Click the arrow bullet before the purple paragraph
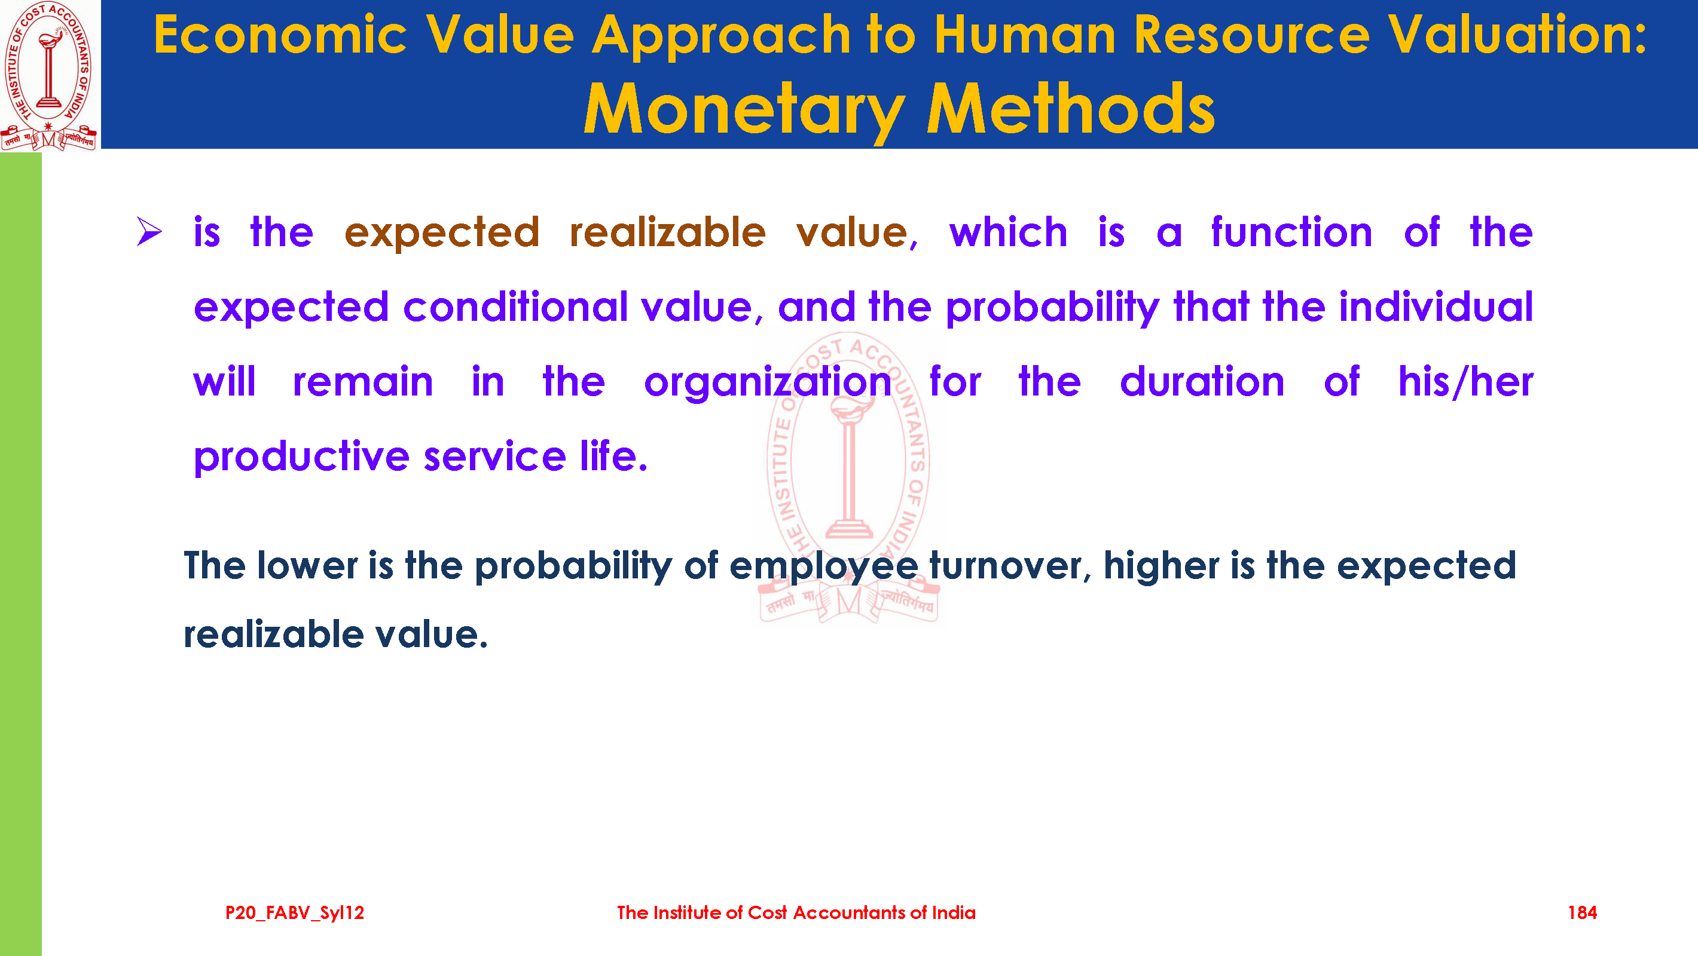[x=149, y=232]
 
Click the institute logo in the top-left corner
[x=49, y=76]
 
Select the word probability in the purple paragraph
[x=1052, y=308]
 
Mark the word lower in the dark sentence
[x=308, y=565]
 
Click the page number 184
[x=1582, y=912]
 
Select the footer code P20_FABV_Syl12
[x=295, y=913]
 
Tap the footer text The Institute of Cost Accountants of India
[x=796, y=912]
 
